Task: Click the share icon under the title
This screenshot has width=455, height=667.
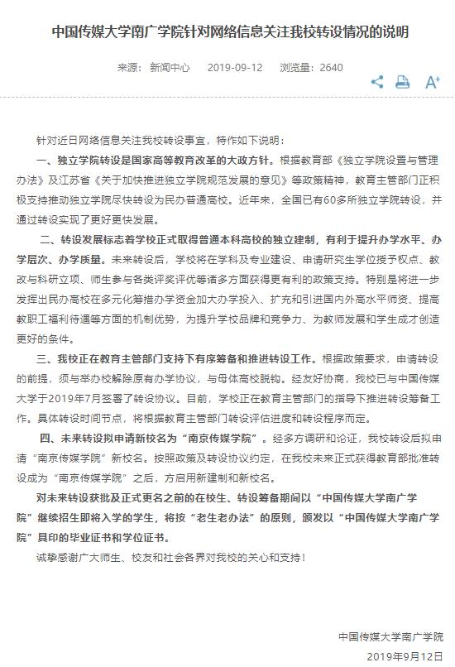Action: point(377,81)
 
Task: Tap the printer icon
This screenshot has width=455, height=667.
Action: point(402,81)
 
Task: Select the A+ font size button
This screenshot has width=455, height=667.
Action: point(432,81)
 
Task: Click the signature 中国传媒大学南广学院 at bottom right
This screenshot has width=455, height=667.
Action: point(390,636)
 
